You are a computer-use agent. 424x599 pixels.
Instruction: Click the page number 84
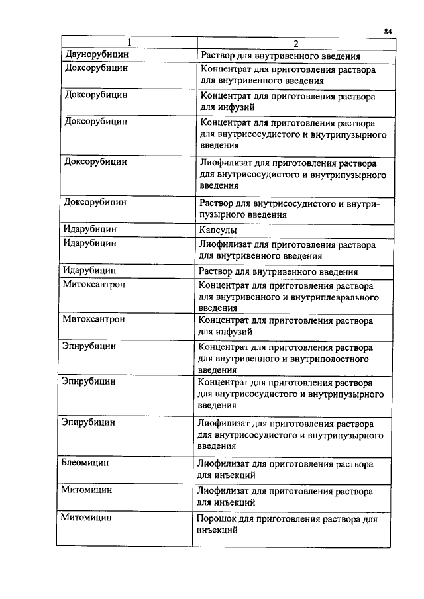(388, 31)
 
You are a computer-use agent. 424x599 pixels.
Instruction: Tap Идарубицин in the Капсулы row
(90, 230)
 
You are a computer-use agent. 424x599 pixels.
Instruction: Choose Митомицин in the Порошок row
(86, 518)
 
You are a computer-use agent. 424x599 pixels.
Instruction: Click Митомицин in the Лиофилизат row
(86, 490)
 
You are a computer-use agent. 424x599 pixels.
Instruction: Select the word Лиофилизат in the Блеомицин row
(225, 464)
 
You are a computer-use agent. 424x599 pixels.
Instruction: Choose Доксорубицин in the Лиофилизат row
(96, 161)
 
